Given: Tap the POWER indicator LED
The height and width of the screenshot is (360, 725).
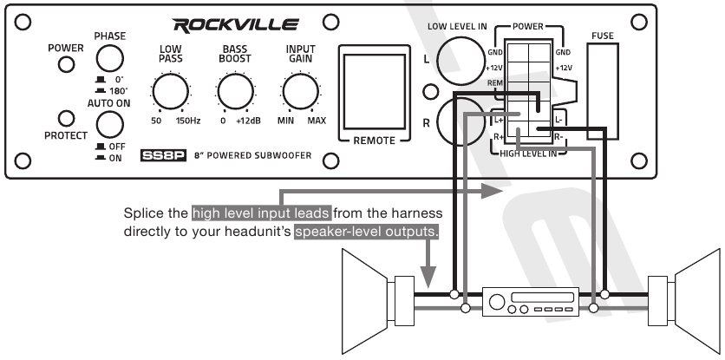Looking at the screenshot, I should pyautogui.click(x=65, y=71).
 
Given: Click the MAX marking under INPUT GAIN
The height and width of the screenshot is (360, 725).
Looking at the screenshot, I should pyautogui.click(x=317, y=120).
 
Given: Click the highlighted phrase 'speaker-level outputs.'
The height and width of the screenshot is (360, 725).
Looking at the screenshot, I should pyautogui.click(x=367, y=232).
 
